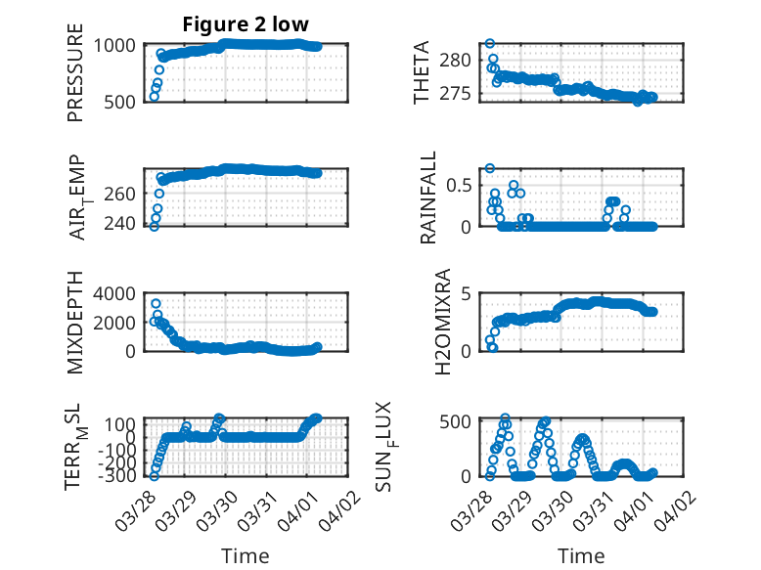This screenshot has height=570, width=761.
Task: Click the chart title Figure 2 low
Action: coord(246,24)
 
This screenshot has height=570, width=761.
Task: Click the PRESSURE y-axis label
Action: coord(75,72)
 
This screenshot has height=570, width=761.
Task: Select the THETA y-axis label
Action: coord(422,72)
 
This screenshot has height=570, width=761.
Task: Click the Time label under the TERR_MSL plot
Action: coord(246,555)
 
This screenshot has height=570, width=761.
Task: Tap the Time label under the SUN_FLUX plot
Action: coord(581,555)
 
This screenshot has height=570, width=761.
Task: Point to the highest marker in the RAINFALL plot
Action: coord(490,168)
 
